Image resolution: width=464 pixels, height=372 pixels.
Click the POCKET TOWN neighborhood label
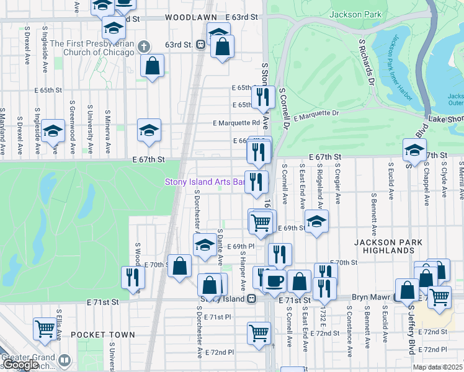coord(102,335)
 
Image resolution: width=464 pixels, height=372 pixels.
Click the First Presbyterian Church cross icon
coord(143,46)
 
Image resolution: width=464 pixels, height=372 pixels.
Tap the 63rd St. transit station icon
coord(200,45)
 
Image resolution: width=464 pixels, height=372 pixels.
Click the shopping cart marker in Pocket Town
coord(45,329)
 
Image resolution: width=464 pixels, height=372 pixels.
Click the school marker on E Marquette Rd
coord(149,130)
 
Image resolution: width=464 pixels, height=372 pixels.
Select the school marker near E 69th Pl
coord(205,244)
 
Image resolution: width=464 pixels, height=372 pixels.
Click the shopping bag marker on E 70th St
coord(179,266)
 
